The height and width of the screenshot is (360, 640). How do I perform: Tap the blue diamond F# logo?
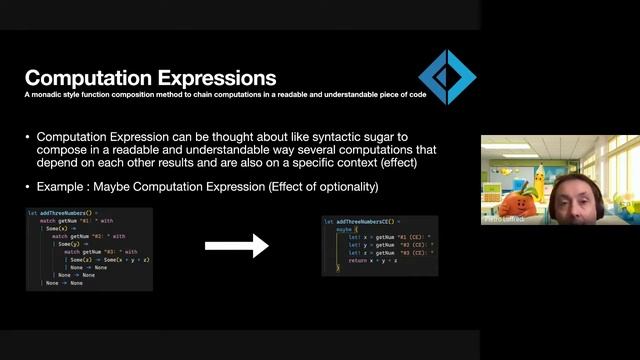click(x=446, y=77)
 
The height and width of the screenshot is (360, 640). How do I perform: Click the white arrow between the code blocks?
click(x=237, y=245)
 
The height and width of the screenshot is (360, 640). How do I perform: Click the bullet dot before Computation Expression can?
click(x=27, y=136)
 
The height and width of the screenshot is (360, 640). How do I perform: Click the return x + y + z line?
click(x=375, y=261)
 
